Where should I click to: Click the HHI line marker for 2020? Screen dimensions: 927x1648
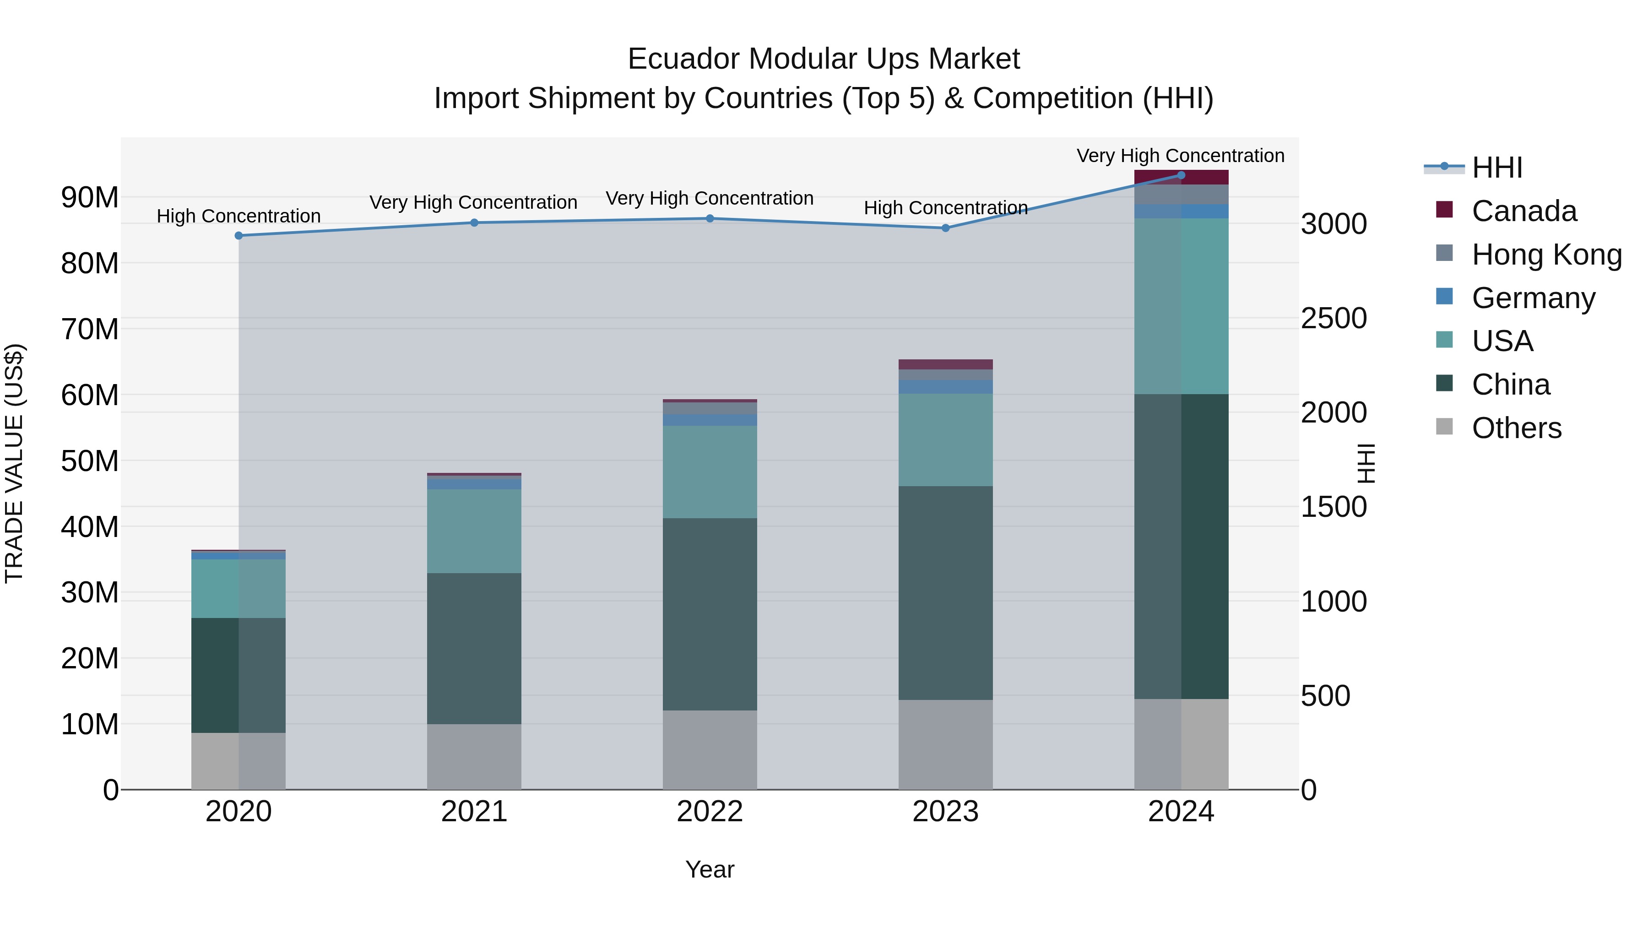239,235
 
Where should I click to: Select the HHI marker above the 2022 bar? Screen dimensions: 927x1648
710,218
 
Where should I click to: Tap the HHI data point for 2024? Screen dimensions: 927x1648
1181,175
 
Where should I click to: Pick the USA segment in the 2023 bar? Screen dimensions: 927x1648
946,439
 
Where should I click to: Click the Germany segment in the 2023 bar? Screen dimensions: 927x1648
946,386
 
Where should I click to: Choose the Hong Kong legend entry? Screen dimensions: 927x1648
1546,255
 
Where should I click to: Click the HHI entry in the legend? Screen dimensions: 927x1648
1497,168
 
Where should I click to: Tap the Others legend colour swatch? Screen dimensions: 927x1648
1444,426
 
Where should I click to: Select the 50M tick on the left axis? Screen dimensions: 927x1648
90,461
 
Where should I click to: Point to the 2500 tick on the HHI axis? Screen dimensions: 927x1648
1334,318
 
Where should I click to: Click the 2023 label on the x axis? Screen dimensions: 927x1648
946,812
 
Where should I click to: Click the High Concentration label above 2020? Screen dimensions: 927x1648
239,216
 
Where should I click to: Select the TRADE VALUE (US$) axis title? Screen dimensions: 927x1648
14,463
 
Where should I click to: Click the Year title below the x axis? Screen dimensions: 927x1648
710,869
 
